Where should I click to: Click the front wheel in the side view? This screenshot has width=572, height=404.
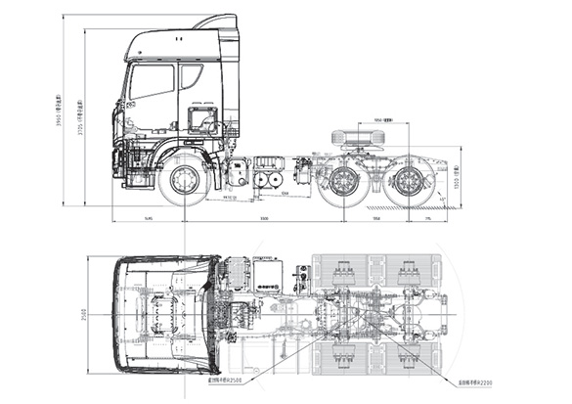click(x=183, y=181)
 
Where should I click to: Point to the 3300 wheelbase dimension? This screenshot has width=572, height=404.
click(x=264, y=220)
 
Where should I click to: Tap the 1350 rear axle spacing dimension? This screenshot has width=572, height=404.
click(x=376, y=220)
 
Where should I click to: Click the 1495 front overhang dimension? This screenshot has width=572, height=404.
click(x=147, y=220)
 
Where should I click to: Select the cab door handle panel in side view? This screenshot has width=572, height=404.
click(x=202, y=121)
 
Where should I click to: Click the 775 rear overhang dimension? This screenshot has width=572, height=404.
click(x=428, y=220)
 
